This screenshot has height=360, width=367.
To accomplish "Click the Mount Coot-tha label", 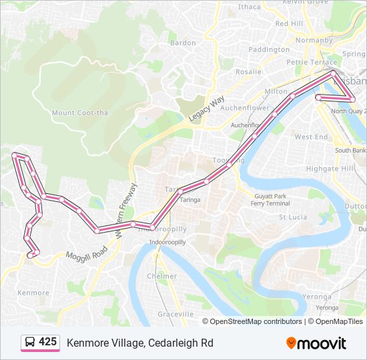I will click(x=79, y=113).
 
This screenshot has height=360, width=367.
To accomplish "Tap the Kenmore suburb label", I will click(x=33, y=293).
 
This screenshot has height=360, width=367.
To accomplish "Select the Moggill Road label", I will click(x=87, y=252).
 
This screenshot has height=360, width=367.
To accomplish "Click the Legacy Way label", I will click(x=206, y=109).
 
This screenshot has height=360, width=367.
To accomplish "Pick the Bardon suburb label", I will click(x=183, y=43).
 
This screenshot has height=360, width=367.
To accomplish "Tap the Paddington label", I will click(x=269, y=49).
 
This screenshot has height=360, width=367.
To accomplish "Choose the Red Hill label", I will click(x=289, y=23).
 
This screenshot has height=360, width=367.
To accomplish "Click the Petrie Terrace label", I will click(x=312, y=62).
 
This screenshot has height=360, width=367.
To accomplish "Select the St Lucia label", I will click(x=292, y=217).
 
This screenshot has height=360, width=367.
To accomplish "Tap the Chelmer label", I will click(x=162, y=276).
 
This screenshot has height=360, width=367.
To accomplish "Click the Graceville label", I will click(x=175, y=313).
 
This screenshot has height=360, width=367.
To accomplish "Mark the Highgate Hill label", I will click(x=330, y=169).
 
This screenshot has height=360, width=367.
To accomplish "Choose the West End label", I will click(x=311, y=137).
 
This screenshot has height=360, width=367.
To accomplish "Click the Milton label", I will click(x=276, y=91).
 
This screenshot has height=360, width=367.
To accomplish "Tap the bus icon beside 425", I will click(x=30, y=343).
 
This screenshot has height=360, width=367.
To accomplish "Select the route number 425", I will click(x=48, y=342).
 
